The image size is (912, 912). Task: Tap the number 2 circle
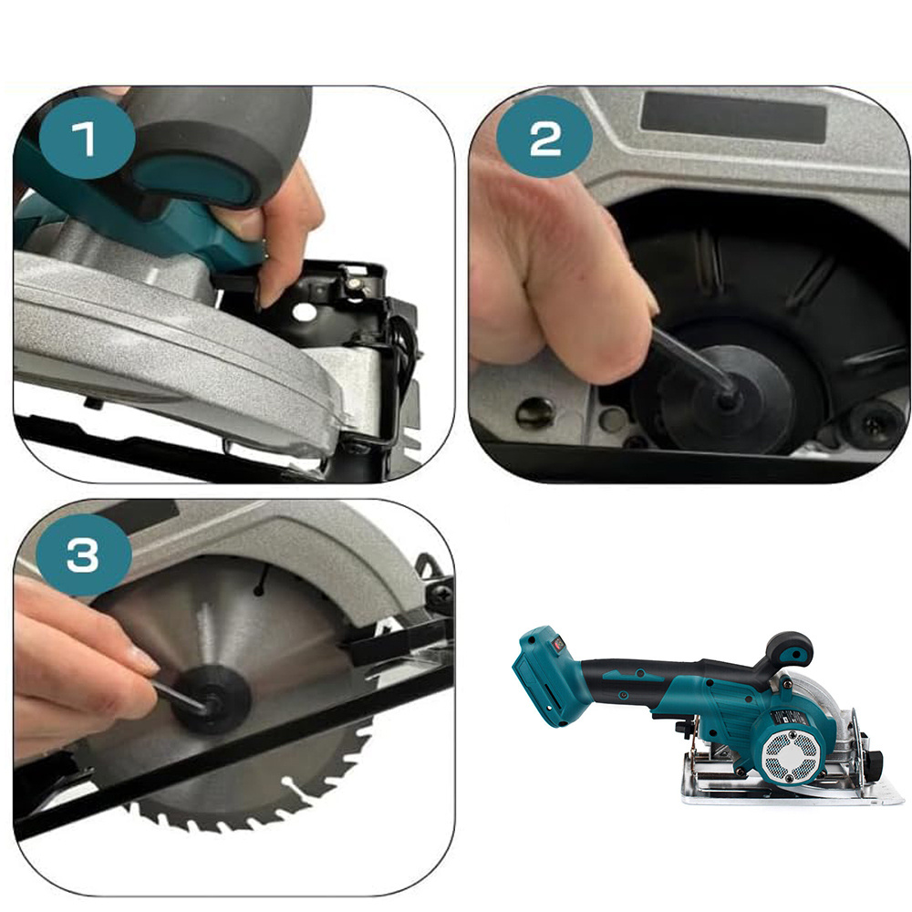[x=545, y=138]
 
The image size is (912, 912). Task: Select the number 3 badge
[x=84, y=554]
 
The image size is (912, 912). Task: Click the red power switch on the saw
[x=559, y=643]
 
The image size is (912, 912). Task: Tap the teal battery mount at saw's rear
[x=541, y=676]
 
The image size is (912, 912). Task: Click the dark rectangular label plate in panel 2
[x=733, y=118]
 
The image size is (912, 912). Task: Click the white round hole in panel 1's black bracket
[x=305, y=313]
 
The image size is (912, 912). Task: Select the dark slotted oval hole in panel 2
[x=534, y=411]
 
